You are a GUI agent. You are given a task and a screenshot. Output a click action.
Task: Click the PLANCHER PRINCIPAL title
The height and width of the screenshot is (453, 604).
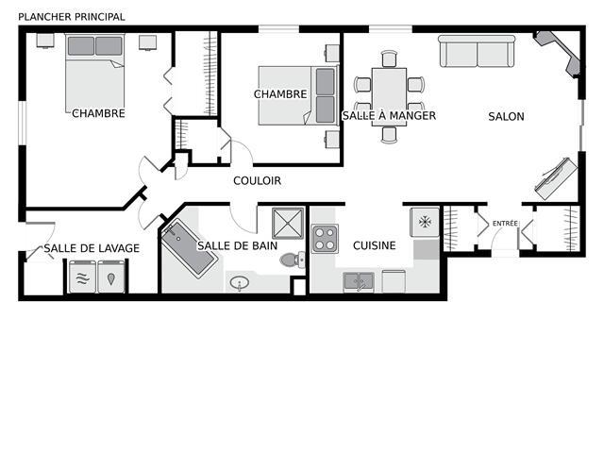point(72,17)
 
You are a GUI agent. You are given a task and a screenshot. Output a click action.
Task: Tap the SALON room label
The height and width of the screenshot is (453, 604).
point(506,116)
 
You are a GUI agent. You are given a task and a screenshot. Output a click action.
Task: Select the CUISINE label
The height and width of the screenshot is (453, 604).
point(375,245)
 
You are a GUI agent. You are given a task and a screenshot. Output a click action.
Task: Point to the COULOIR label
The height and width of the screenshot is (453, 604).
point(258,180)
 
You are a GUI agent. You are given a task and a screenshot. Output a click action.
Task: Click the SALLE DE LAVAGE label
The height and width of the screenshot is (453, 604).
point(92,248)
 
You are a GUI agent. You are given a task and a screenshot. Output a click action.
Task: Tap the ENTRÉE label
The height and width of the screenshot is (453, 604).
point(505,223)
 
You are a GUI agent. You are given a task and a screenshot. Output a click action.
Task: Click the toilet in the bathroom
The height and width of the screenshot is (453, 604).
point(293,260)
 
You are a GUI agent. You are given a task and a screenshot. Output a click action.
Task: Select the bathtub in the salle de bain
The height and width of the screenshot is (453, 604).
point(190,247)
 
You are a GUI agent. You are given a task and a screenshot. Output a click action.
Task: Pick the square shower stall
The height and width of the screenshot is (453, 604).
point(288,224)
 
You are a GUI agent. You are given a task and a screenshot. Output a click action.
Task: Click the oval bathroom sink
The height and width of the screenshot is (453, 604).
point(240,283)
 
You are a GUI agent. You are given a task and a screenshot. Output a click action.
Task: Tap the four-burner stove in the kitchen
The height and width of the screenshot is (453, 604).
point(325,239)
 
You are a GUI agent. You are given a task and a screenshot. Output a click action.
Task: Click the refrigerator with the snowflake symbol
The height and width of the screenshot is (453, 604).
point(425,222)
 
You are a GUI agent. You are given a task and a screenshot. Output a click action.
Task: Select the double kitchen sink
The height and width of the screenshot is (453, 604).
point(359,281)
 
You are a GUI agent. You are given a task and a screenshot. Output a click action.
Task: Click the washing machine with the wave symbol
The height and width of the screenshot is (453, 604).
point(82,277)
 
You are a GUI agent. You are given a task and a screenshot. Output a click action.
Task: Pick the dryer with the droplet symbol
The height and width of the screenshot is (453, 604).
point(111,277)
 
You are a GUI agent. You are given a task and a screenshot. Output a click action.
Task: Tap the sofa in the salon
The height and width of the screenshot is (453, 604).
point(477,51)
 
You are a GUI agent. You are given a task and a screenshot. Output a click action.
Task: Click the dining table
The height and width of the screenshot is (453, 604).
point(389,96)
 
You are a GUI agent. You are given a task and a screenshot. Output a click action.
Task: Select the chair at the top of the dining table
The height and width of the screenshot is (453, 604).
point(390,59)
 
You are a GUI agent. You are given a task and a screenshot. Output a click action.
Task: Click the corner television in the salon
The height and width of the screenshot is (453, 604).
point(558,52)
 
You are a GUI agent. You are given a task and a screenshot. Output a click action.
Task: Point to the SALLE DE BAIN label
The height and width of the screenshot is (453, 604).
point(237,245)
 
